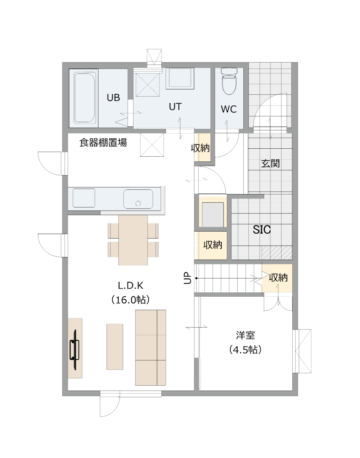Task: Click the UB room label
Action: pyautogui.click(x=113, y=98)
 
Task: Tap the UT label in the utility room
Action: pyautogui.click(x=175, y=107)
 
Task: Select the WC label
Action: pyautogui.click(x=229, y=109)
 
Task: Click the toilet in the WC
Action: pyautogui.click(x=229, y=81)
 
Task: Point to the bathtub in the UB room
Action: pyautogui.click(x=85, y=98)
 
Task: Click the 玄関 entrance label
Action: pyautogui.click(x=270, y=163)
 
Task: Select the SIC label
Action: pyautogui.click(x=262, y=229)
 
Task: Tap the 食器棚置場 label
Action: pyautogui.click(x=103, y=142)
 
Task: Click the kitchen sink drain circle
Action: pyautogui.click(x=138, y=203)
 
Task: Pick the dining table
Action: pyautogui.click(x=133, y=240)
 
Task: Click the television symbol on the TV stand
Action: pyautogui.click(x=75, y=350)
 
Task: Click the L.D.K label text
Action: pyautogui.click(x=131, y=286)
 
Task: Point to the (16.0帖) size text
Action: pyautogui.click(x=131, y=300)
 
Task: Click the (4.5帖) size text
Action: pyautogui.click(x=245, y=350)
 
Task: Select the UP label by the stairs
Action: pyautogui.click(x=188, y=278)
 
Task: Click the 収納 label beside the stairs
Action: pyautogui.click(x=278, y=278)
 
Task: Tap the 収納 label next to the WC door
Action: pyautogui.click(x=200, y=148)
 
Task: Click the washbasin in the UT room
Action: pyautogui.click(x=180, y=78)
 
